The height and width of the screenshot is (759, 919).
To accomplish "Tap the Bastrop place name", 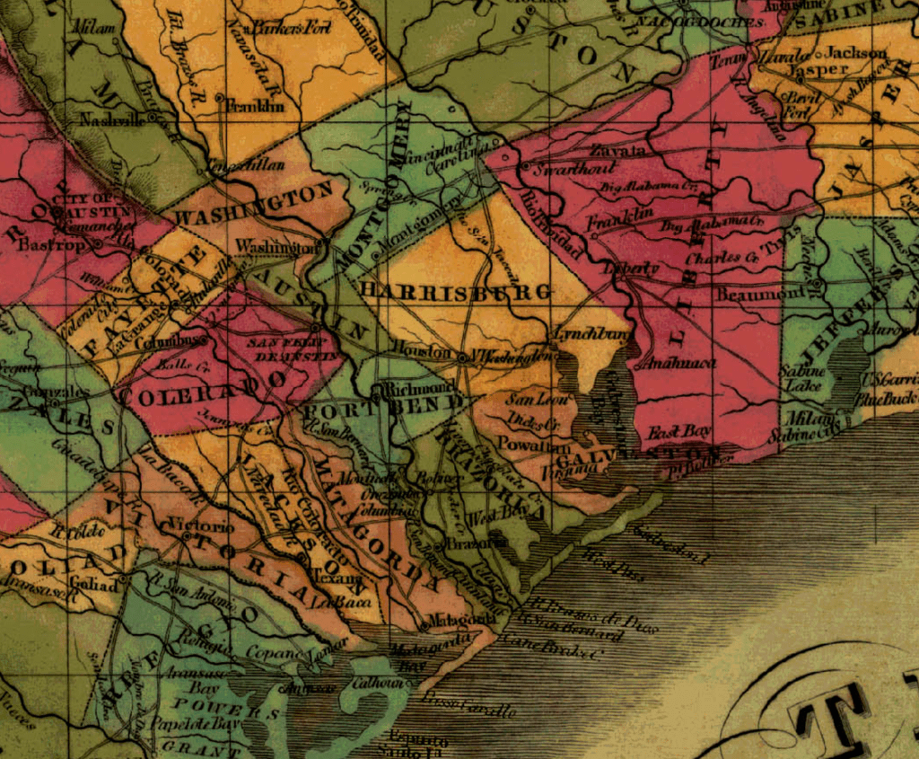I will (x=44, y=243).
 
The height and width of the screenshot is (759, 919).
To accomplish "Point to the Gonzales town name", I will (x=60, y=392).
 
